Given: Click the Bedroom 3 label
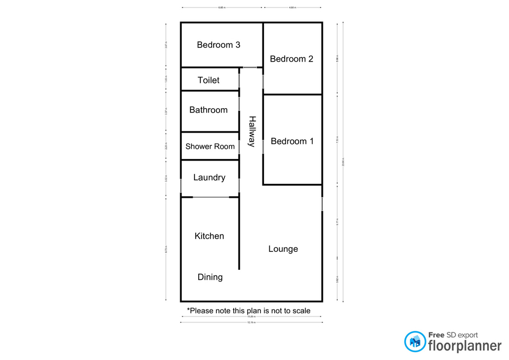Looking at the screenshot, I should (x=218, y=45).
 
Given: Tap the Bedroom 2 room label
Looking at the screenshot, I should (x=292, y=59).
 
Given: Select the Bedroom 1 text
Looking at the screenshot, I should (x=292, y=141).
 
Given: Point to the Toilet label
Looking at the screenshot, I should (x=208, y=80).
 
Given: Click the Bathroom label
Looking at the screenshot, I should (x=208, y=110).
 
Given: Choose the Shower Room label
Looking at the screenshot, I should (x=210, y=146).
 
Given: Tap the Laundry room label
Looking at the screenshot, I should (x=209, y=178).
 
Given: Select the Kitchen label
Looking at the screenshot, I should (x=209, y=236).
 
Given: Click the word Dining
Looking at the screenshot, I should (x=210, y=277).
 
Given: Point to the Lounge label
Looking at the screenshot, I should (x=283, y=249).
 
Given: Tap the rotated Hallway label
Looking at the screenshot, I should (x=252, y=131).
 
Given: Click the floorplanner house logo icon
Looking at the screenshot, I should (x=415, y=341).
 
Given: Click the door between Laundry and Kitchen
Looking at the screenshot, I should (x=210, y=197).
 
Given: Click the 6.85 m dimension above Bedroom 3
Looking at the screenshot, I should (x=222, y=8).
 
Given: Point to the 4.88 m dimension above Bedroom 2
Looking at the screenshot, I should (x=293, y=8).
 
